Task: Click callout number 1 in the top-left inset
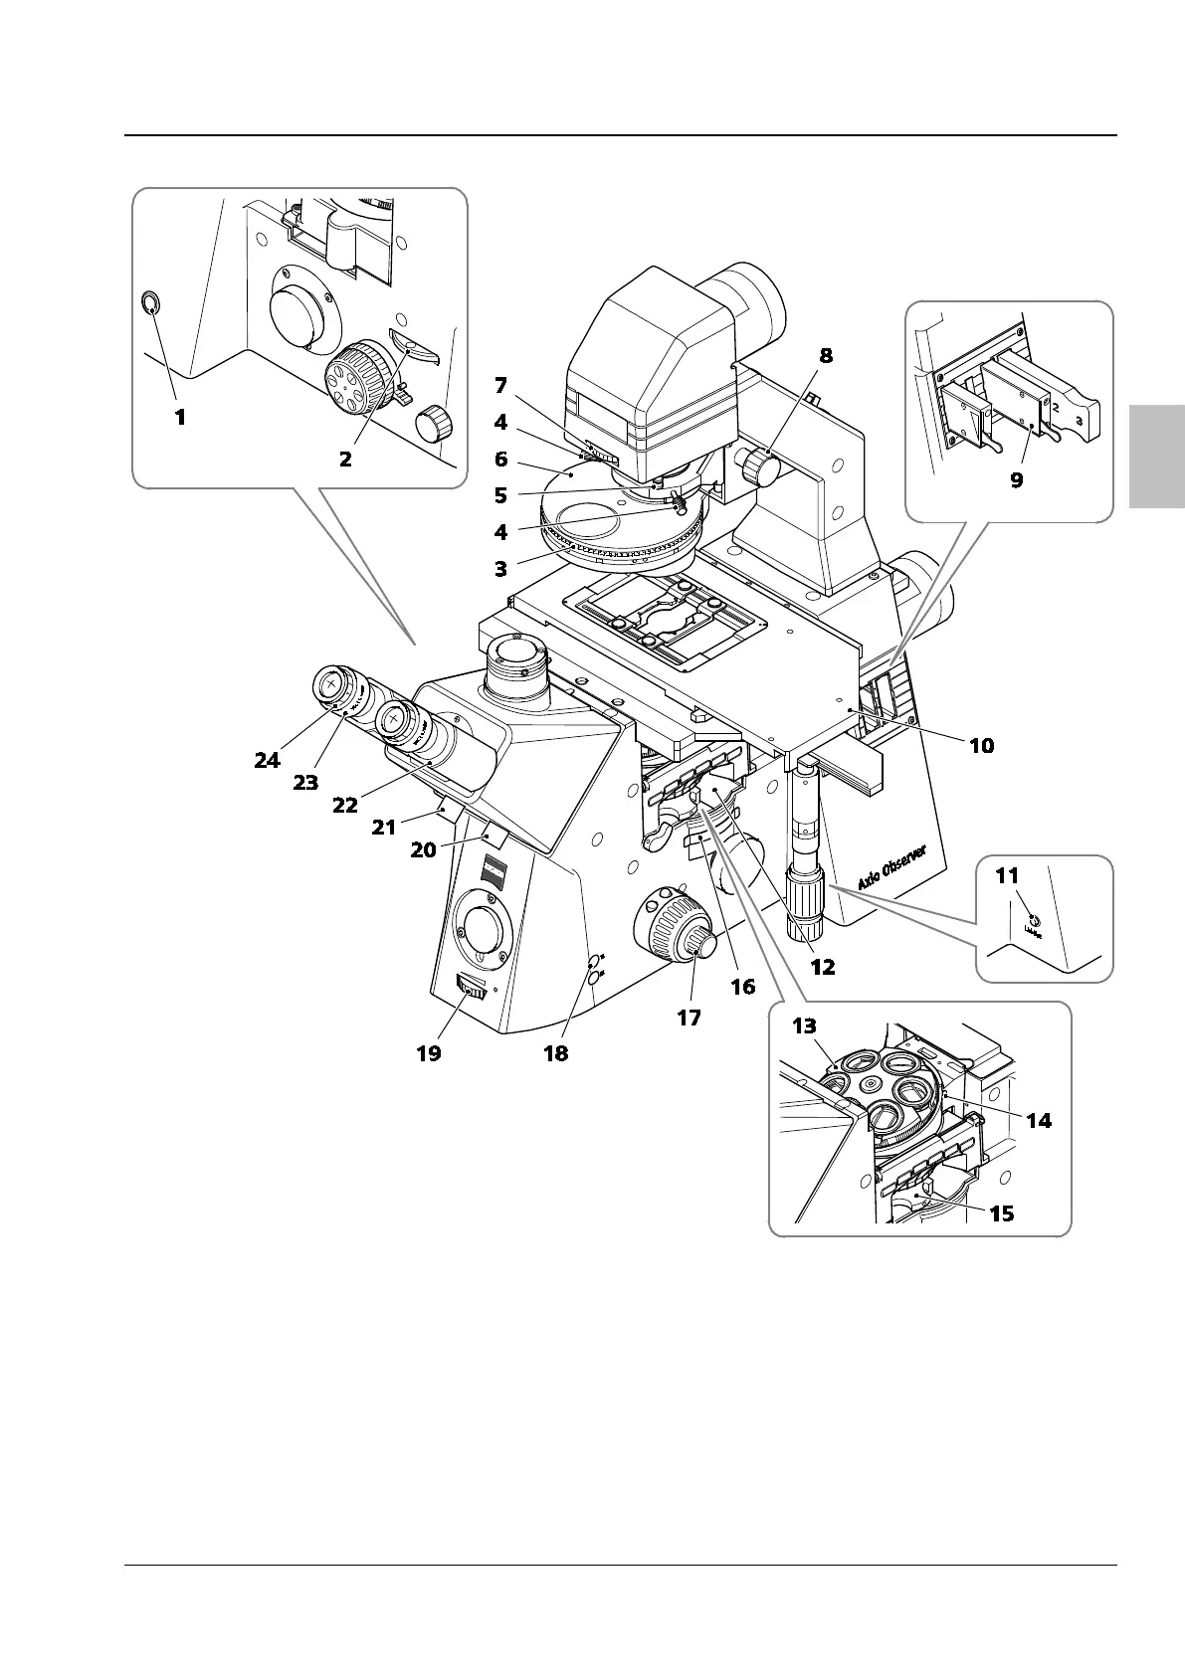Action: pos(180,418)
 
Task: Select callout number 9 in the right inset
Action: pos(1016,479)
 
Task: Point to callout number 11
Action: pos(1007,876)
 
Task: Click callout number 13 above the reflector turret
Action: pos(804,1026)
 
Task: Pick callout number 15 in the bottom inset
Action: pos(1002,1212)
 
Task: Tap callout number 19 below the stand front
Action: pos(428,1052)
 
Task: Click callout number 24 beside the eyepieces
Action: pos(267,760)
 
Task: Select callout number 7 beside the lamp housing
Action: pos(500,384)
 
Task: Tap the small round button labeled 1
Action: pos(150,304)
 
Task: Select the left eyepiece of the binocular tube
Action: pos(330,684)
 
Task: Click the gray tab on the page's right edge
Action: pos(1157,457)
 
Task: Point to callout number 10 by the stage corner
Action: pos(981,745)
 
